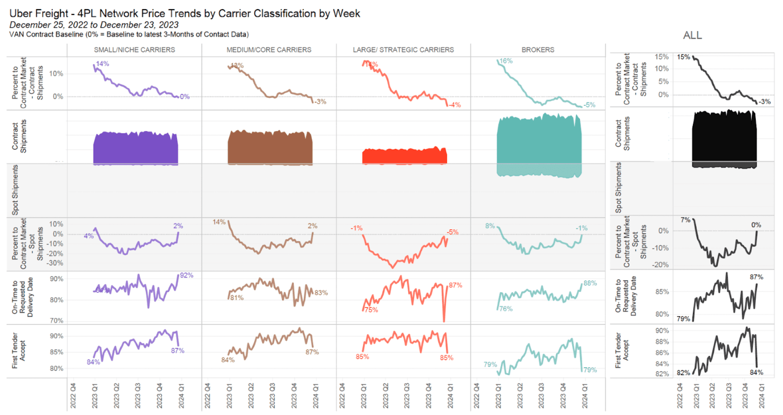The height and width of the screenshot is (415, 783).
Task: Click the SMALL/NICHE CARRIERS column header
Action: pyautogui.click(x=134, y=50)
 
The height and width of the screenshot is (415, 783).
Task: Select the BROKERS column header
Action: pyautogui.click(x=538, y=50)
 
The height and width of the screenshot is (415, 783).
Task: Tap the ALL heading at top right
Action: pyautogui.click(x=692, y=36)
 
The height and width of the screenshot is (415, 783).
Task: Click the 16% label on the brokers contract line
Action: pyautogui.click(x=506, y=61)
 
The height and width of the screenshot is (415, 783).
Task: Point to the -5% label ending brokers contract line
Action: pyautogui.click(x=589, y=105)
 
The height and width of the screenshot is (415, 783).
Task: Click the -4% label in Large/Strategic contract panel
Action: pyautogui.click(x=455, y=105)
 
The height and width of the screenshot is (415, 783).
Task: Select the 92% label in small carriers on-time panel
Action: pyautogui.click(x=186, y=275)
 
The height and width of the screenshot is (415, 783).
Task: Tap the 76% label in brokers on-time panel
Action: pyautogui.click(x=506, y=309)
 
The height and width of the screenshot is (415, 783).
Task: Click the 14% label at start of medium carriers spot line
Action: pyautogui.click(x=219, y=222)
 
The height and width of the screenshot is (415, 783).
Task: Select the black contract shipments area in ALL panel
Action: pyautogui.click(x=724, y=138)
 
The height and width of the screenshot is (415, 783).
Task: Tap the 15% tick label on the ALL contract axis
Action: pyautogui.click(x=661, y=57)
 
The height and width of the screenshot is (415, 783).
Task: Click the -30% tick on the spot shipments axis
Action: pyautogui.click(x=55, y=263)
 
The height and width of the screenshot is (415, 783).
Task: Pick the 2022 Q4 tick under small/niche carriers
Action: pyautogui.click(x=73, y=396)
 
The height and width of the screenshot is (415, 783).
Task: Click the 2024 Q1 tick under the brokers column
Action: pyautogui.click(x=585, y=396)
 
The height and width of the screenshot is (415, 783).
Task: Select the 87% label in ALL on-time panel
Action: pyautogui.click(x=756, y=277)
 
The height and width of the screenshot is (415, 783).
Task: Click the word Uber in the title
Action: pyautogui.click(x=21, y=14)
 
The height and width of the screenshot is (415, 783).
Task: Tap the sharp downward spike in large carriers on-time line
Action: pyautogui.click(x=444, y=320)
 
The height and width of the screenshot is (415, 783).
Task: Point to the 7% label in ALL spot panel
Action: pyautogui.click(x=685, y=220)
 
